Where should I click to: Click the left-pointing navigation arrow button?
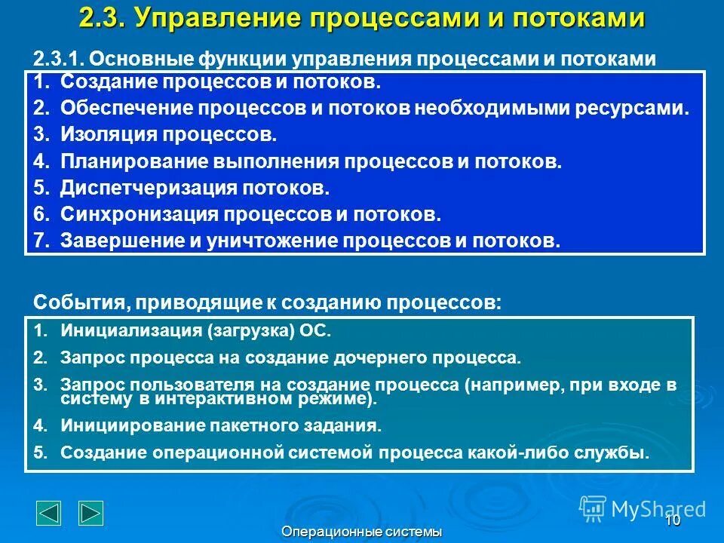(x=49, y=513)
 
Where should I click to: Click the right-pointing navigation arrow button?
(x=91, y=513)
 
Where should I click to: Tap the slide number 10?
(x=673, y=520)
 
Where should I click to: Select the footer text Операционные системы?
(x=361, y=532)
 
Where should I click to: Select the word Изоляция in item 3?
(x=103, y=136)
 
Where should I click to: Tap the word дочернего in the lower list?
(x=373, y=357)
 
